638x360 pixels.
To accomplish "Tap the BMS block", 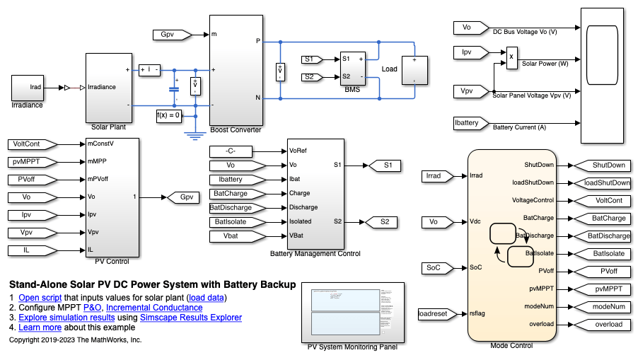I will [x=352, y=67].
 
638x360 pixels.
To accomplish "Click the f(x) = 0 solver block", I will [x=168, y=115].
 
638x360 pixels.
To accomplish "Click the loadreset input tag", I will [x=430, y=313].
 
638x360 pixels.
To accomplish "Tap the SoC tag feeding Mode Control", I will [x=433, y=267].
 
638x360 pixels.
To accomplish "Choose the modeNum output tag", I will [x=598, y=307].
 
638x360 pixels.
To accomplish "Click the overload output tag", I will [x=598, y=325].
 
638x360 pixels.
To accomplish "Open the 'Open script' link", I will [x=40, y=298].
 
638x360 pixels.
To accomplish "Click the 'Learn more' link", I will [x=40, y=327].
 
